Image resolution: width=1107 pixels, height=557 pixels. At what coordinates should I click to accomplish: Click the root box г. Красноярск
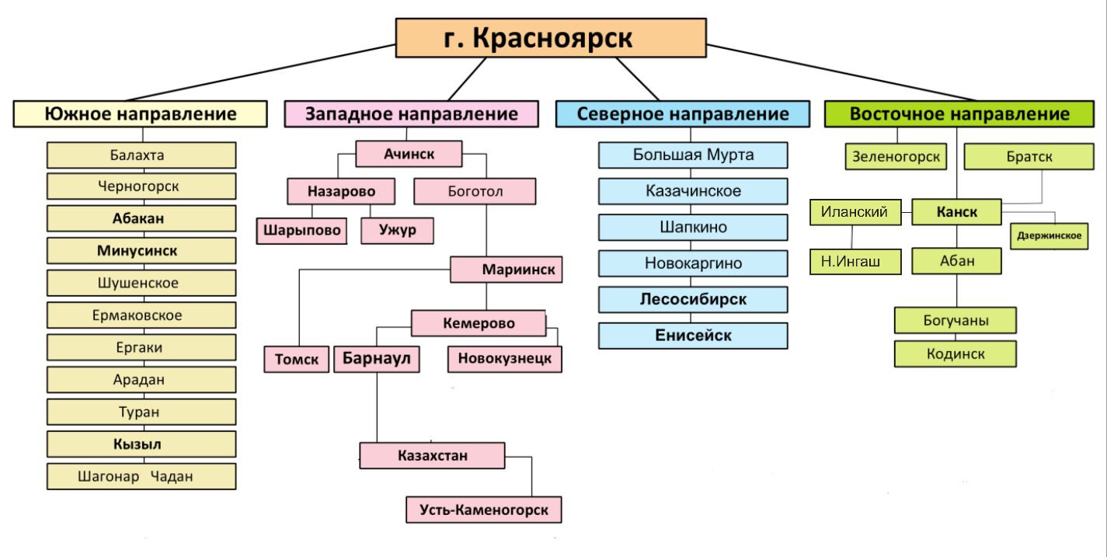point(551,38)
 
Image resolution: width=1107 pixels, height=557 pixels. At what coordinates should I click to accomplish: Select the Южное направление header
point(141,114)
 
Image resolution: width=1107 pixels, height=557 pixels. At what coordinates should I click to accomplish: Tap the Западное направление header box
point(411,114)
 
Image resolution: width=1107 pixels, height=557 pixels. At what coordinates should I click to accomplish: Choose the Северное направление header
point(683,114)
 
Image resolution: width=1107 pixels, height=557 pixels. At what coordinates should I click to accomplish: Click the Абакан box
point(141,218)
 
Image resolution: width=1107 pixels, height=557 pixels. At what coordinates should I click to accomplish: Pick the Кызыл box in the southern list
point(141,444)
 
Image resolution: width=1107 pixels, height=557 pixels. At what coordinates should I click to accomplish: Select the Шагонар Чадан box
point(141,477)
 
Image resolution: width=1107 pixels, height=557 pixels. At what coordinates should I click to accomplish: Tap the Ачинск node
point(409,154)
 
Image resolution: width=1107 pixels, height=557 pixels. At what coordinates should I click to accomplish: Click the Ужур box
point(397,231)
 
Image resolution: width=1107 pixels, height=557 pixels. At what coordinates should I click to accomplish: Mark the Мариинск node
point(507,270)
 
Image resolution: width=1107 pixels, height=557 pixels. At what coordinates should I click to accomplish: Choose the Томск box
point(297,360)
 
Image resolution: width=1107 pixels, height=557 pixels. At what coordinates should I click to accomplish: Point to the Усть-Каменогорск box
point(483,510)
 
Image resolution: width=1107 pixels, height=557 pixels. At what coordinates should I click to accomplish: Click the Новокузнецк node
point(504,359)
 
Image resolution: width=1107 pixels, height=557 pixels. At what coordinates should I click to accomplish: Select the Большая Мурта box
point(693,155)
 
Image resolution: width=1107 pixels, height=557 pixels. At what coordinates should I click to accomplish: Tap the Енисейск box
point(693,336)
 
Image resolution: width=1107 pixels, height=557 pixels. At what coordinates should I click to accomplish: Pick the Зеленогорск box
point(896,156)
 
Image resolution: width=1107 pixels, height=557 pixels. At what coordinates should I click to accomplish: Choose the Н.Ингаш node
point(856,262)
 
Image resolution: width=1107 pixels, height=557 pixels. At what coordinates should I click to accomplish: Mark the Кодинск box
point(956,354)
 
